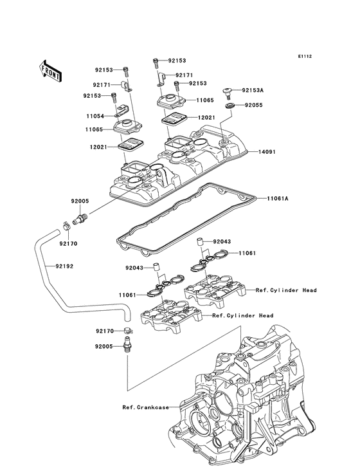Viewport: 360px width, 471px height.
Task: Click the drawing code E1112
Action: pos(304,57)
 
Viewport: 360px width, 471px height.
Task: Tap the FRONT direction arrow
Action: pos(51,70)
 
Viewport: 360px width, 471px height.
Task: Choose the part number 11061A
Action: pos(278,199)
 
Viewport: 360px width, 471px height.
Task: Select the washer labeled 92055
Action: pos(229,104)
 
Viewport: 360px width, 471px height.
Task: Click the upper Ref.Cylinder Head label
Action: pos(286,291)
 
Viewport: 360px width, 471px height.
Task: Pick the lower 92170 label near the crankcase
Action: pos(104,331)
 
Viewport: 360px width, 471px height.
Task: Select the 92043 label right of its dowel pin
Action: pos(221,241)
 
